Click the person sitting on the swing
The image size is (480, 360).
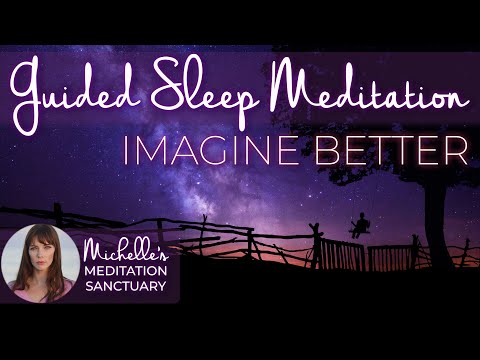[x=357, y=226]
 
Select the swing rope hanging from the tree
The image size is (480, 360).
[x=352, y=205]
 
